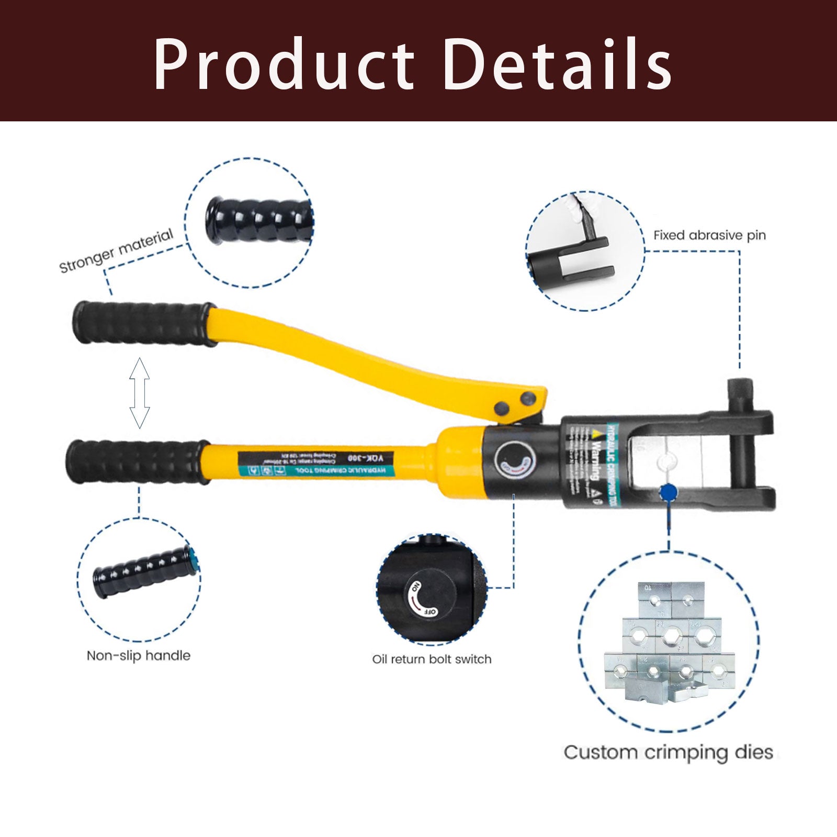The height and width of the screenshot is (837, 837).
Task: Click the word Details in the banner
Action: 558,65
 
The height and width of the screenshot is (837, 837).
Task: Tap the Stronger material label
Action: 116,251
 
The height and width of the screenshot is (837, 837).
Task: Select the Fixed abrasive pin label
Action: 709,235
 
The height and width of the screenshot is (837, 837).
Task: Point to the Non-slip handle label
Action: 139,655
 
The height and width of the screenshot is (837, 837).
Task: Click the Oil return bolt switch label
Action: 432,659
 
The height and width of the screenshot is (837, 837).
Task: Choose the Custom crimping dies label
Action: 668,752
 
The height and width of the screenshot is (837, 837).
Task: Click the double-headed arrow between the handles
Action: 140,393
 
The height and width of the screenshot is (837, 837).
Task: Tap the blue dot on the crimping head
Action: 668,492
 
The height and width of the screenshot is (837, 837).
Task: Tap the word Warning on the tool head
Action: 595,460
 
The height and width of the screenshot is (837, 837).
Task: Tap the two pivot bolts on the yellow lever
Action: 516,403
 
